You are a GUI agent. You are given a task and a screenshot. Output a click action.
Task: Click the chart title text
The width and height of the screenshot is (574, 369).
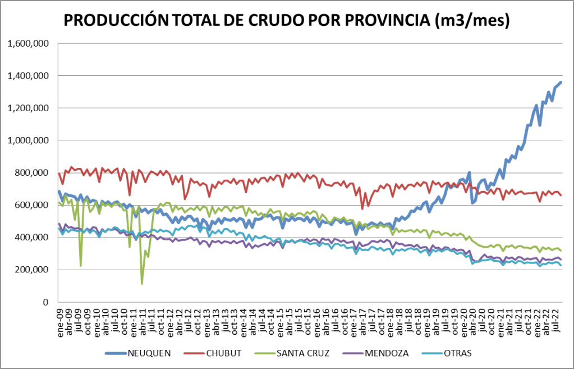pyautogui.click(x=287, y=21)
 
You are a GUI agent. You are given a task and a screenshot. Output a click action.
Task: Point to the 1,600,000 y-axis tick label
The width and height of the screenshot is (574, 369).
pyautogui.click(x=26, y=43)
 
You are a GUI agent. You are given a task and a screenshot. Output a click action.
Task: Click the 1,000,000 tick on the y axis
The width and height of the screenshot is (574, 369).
pyautogui.click(x=26, y=140)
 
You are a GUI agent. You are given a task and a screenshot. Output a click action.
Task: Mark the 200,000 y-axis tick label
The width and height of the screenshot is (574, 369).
pyautogui.click(x=31, y=270)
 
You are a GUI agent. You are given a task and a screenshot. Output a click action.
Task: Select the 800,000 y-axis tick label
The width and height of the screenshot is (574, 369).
pyautogui.click(x=31, y=173)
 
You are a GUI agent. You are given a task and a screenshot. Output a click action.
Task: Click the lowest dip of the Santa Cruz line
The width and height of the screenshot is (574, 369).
pyautogui.click(x=142, y=284)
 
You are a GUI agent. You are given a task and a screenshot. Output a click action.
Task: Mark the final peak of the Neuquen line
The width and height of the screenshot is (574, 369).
pyautogui.click(x=561, y=83)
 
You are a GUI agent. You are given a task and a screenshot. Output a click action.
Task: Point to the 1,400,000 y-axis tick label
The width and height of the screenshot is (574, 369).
pyautogui.click(x=26, y=76)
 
